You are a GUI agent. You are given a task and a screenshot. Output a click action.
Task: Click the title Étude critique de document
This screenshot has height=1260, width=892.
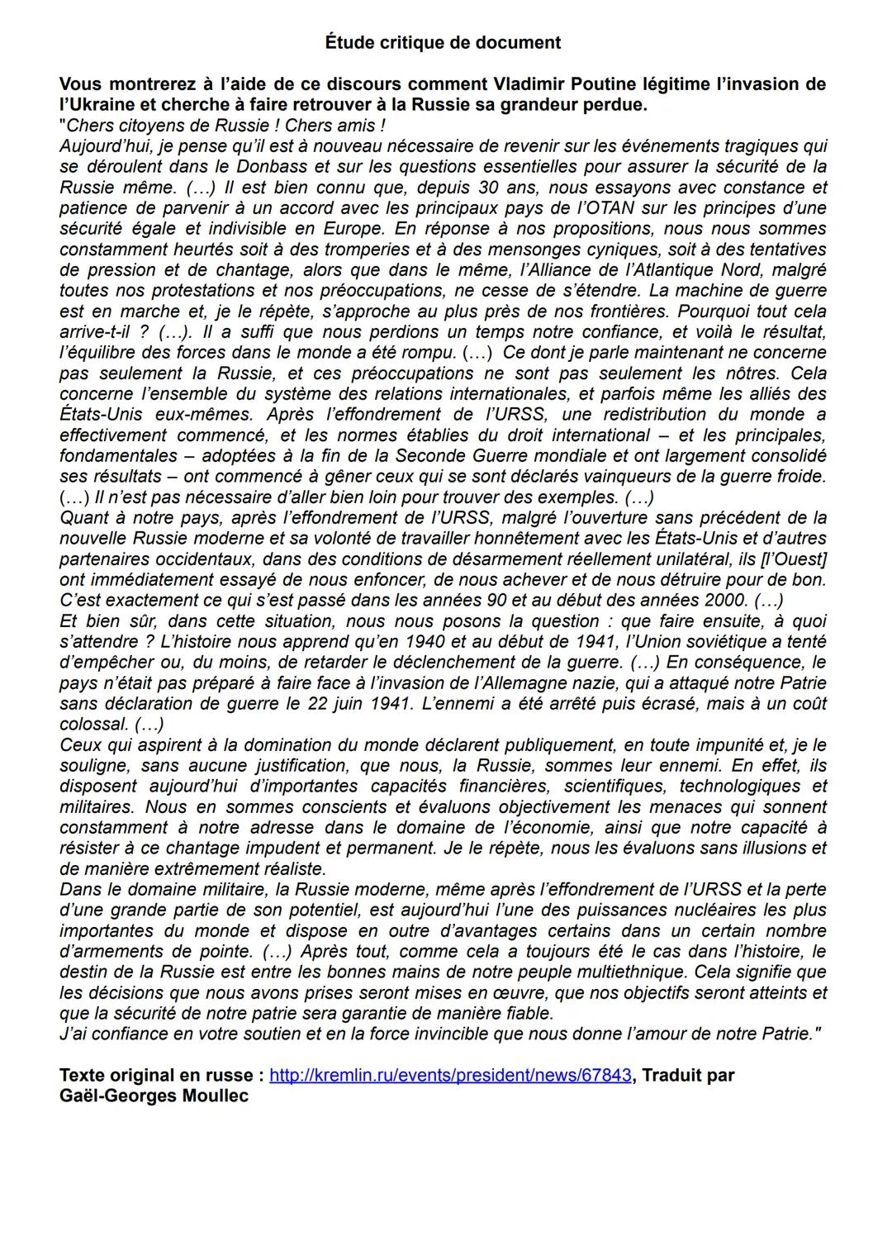tap(443, 43)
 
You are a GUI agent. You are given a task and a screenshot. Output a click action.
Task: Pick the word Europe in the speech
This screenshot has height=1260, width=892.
tap(356, 229)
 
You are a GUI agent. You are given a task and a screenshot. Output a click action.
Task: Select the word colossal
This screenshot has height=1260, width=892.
tap(93, 725)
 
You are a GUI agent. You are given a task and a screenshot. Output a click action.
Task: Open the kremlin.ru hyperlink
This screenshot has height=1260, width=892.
tap(450, 1076)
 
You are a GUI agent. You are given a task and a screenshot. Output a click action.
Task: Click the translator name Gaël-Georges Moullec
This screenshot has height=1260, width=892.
tap(154, 1096)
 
